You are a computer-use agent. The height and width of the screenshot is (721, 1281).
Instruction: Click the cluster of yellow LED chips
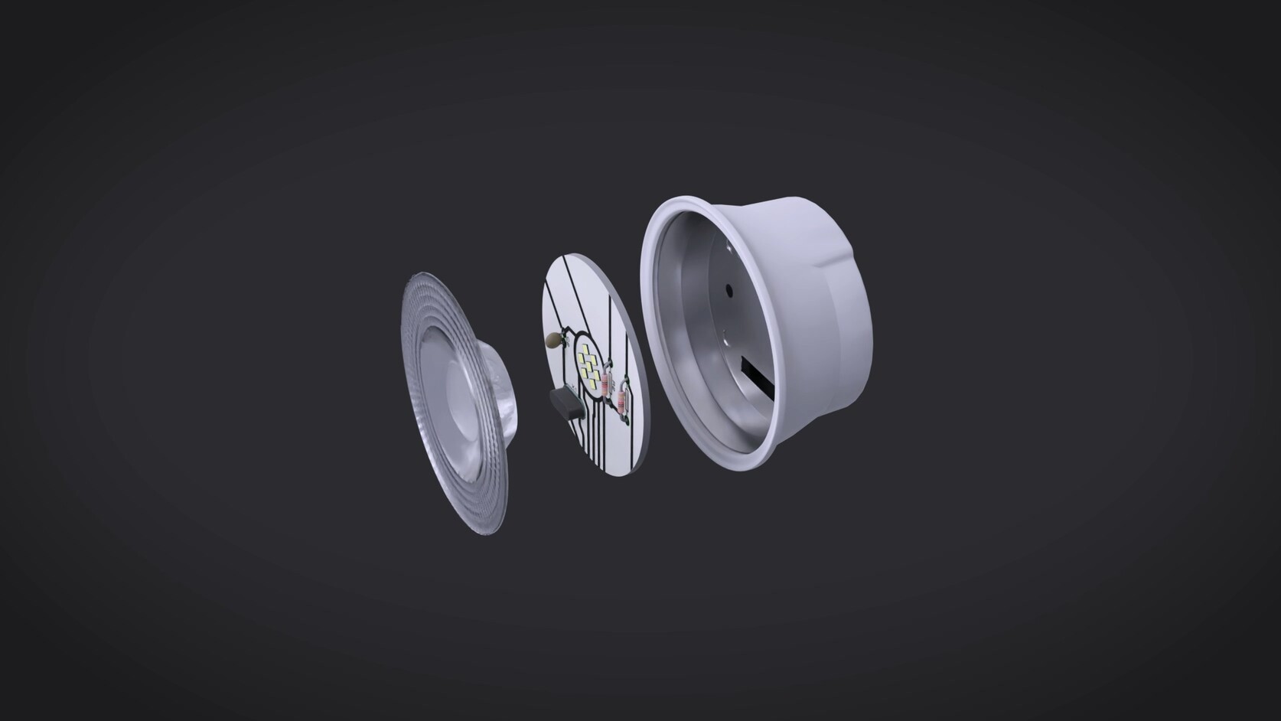588,366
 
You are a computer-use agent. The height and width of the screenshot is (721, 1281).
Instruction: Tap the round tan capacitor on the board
552,340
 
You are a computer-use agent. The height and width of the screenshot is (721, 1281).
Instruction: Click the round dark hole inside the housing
729,290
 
